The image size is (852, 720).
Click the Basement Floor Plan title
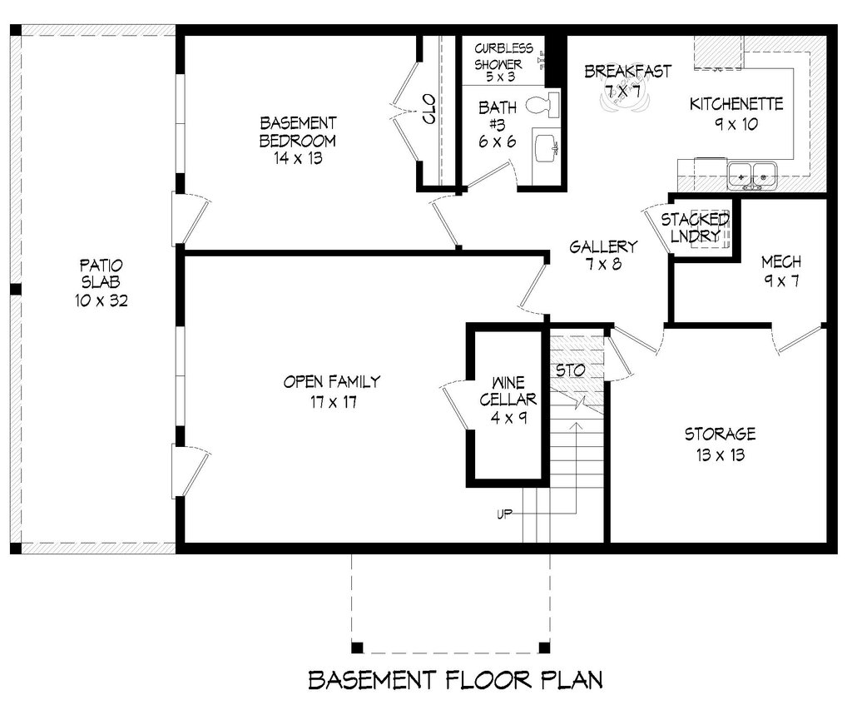click(x=455, y=680)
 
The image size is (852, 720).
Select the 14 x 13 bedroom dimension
click(x=297, y=157)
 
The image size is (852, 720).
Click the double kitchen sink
click(x=752, y=175)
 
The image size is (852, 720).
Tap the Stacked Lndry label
click(x=696, y=227)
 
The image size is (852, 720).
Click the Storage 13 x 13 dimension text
click(x=720, y=455)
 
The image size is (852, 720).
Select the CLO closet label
click(x=430, y=109)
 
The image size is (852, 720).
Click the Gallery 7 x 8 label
click(x=603, y=256)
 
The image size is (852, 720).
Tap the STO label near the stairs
click(x=570, y=369)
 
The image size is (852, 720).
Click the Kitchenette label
click(x=736, y=105)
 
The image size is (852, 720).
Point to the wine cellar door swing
click(x=453, y=405)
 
